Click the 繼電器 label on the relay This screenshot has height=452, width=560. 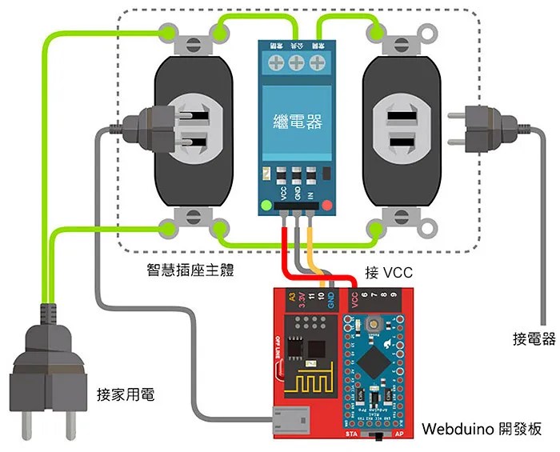(x=297, y=122)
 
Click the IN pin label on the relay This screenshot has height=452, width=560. (x=310, y=192)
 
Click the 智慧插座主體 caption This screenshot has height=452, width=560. (x=185, y=270)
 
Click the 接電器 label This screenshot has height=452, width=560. (x=534, y=339)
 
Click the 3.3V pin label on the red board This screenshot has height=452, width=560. (x=302, y=301)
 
